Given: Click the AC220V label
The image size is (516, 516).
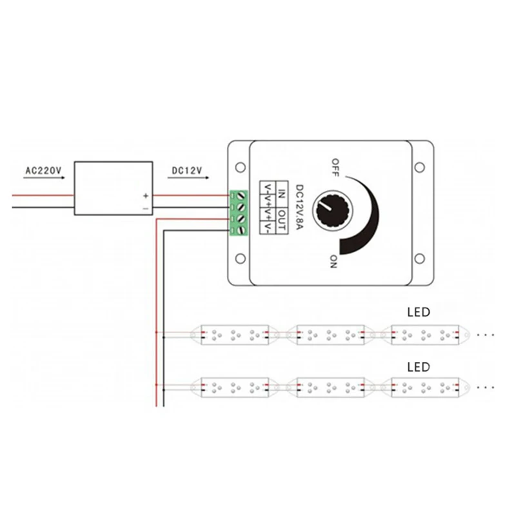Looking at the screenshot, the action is pos(43,170).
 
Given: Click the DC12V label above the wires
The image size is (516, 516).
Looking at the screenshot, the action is pos(187,170).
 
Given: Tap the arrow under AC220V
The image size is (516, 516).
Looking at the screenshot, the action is pos(44,178).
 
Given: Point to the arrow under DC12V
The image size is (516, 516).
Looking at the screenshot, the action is pos(188,178).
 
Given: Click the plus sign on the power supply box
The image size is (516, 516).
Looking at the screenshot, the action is pos(146,196).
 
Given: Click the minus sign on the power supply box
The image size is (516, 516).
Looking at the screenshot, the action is pos(146,208).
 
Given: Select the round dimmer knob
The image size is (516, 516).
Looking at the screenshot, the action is pos(332,211).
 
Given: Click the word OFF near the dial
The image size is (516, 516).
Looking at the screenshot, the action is pos(335,168).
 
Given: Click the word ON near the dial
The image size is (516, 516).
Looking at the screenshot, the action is pos(333,262).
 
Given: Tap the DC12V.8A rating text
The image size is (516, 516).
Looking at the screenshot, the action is pos(299,207).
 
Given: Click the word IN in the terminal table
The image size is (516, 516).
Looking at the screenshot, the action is pos(282,194).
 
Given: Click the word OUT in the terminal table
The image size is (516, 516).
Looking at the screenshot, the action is pos(282,221).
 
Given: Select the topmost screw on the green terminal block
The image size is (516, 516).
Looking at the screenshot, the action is pos(242,196).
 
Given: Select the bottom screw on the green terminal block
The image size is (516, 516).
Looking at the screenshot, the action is pos(242,230).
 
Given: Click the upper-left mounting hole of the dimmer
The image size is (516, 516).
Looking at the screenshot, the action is pos(241,168).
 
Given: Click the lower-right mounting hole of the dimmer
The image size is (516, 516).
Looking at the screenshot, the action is pos(420,259).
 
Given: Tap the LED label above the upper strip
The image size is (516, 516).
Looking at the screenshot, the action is pos(419,312).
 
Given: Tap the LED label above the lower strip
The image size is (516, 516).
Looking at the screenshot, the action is pos(419,367).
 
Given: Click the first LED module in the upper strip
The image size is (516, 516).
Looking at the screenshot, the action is pos(235,335).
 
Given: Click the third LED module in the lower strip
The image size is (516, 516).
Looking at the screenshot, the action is pos(426,388).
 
